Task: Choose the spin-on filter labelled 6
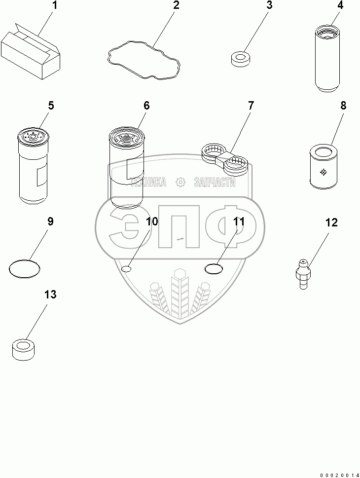[x=126, y=168]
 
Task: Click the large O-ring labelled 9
[x=25, y=269]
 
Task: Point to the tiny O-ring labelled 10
[x=126, y=268]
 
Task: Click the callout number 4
[x=340, y=6]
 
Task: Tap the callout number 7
[x=251, y=106]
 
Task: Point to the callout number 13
[x=50, y=294]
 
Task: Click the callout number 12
[x=331, y=222]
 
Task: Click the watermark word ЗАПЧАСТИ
[x=215, y=183]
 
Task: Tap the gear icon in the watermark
[x=180, y=183]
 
